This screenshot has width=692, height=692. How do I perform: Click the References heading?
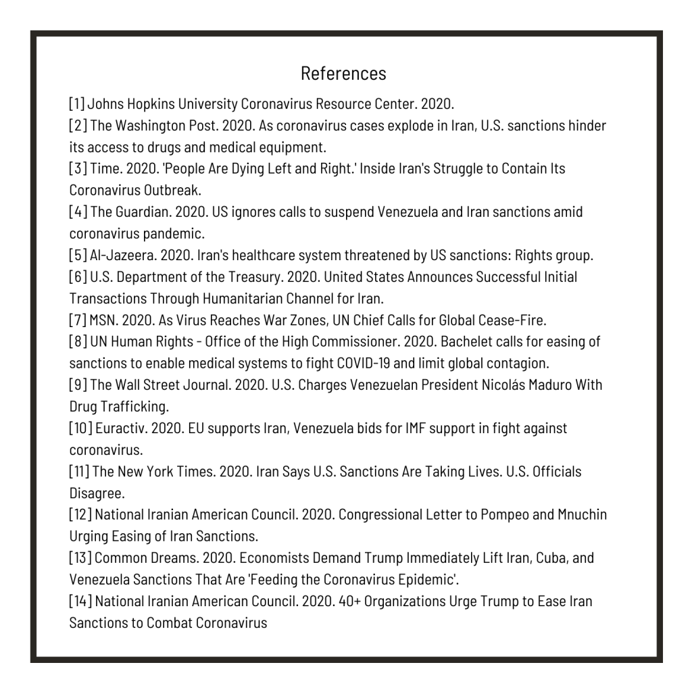coord(343,73)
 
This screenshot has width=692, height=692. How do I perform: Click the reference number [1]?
coord(76,105)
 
